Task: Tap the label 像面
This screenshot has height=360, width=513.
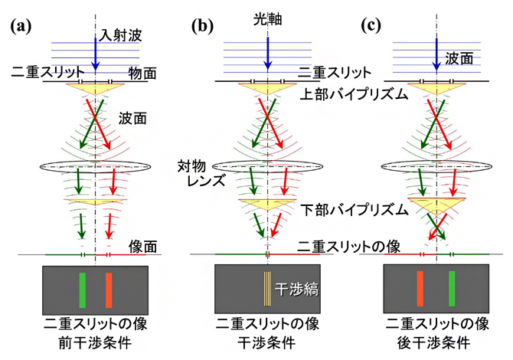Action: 144,246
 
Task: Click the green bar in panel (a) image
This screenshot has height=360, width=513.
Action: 82,290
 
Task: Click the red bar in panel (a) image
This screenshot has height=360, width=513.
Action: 109,290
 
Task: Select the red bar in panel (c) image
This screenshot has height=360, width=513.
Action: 420,290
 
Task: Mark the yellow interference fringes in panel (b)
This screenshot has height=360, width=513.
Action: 267,290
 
